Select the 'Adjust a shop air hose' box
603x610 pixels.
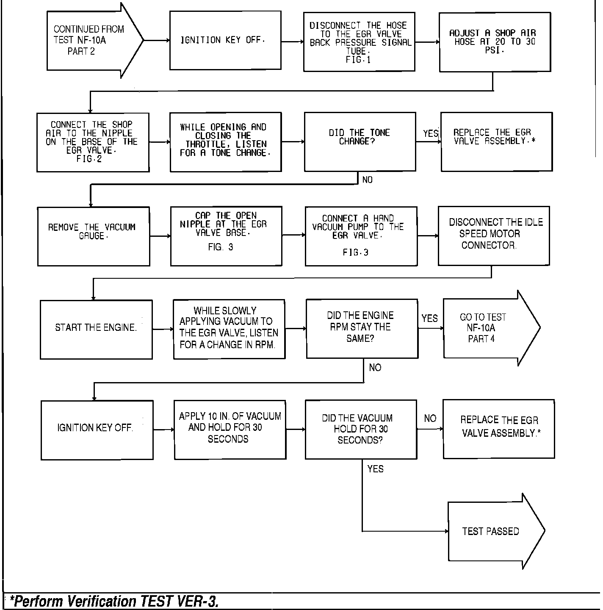(495, 42)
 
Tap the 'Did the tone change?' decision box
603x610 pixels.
(360, 141)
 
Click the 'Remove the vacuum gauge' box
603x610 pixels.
(94, 236)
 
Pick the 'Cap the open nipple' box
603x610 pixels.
(226, 236)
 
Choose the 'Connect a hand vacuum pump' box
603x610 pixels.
(361, 236)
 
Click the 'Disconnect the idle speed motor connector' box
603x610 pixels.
(494, 236)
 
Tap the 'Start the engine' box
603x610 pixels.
(96, 329)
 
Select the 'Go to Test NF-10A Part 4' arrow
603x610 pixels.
(487, 328)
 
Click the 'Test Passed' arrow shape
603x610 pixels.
(491, 531)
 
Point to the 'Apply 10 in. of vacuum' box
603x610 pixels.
(230, 429)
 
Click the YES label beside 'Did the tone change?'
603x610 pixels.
(431, 133)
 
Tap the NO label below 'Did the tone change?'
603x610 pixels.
(367, 180)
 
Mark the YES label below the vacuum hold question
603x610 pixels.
(375, 469)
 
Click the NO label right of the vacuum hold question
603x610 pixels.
(430, 419)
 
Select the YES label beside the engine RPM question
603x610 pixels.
(429, 318)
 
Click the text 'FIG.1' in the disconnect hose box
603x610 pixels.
(358, 60)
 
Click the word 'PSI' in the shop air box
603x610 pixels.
(494, 50)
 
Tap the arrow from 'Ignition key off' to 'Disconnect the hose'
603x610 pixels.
(292, 42)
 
